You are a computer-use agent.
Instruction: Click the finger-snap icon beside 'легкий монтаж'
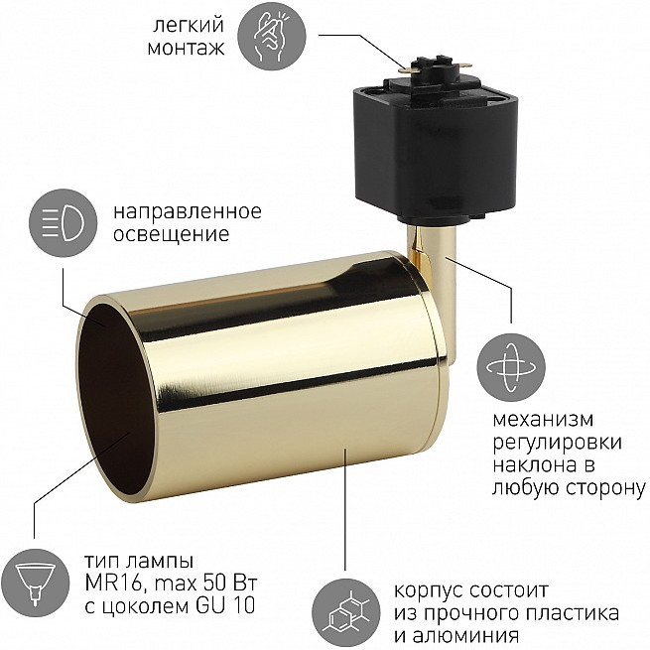272,36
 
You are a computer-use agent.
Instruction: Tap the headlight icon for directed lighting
63,222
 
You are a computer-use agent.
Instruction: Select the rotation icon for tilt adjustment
511,368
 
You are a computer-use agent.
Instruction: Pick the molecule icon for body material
345,612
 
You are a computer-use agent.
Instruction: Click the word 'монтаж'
187,48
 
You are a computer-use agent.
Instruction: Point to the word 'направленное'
188,211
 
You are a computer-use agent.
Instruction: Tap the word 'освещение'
172,234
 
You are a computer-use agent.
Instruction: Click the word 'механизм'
543,420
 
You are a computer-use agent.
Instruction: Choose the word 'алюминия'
466,636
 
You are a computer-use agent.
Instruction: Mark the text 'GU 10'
224,606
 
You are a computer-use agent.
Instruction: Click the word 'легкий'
189,26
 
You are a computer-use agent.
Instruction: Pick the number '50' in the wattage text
209,583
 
